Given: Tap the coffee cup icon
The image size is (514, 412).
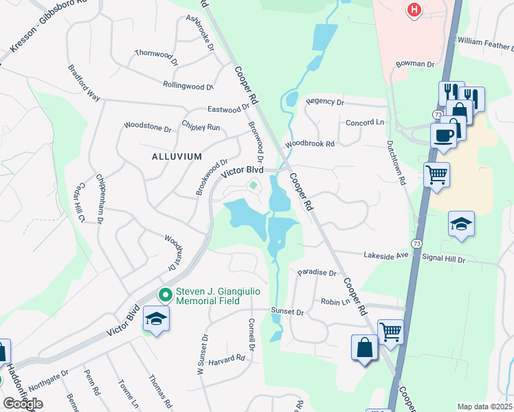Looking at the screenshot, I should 443,135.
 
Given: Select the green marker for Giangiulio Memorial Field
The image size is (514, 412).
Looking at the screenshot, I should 166,295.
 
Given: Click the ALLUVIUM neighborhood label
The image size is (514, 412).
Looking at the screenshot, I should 177,157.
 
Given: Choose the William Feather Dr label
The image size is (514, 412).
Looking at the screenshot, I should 484,43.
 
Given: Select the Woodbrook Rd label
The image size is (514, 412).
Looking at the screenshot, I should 310,144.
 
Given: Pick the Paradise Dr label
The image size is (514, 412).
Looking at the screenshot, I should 317,273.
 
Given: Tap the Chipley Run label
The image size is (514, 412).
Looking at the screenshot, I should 201,127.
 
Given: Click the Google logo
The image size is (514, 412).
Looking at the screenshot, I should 23,404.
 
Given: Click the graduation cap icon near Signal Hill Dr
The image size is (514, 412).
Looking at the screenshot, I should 462,224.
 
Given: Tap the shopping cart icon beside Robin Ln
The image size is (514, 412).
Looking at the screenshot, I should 390,332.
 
